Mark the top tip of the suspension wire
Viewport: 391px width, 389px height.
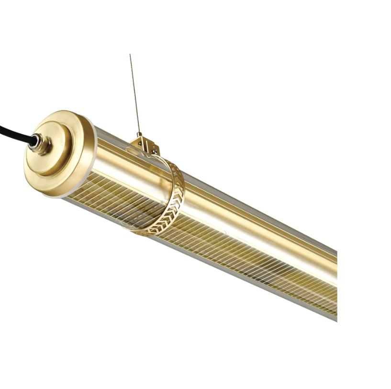click(x=130, y=55)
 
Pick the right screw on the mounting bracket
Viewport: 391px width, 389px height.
click(x=155, y=152)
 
